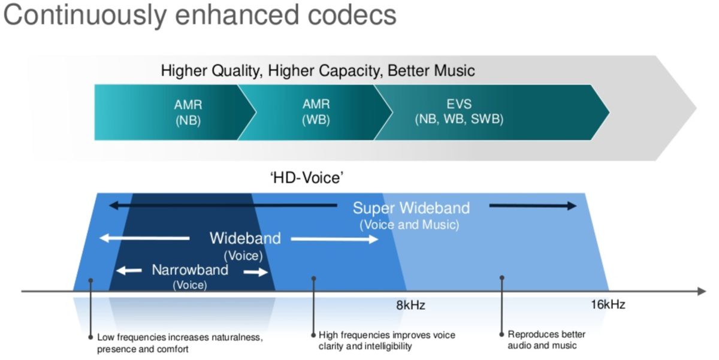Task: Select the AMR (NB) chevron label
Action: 188,112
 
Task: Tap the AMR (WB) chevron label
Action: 316,112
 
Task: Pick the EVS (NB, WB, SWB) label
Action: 459,112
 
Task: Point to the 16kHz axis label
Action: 607,305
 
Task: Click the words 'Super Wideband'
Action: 411,208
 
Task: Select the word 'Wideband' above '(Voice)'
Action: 244,238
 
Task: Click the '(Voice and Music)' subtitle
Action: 409,226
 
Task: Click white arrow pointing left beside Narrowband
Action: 128,271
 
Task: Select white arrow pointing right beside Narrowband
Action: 256,272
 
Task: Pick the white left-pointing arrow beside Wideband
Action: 144,238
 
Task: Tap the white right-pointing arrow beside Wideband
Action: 335,240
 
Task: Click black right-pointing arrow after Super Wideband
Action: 533,206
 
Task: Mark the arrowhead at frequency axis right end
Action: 701,292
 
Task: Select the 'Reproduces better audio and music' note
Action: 546,340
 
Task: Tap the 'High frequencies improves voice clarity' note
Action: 386,340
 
